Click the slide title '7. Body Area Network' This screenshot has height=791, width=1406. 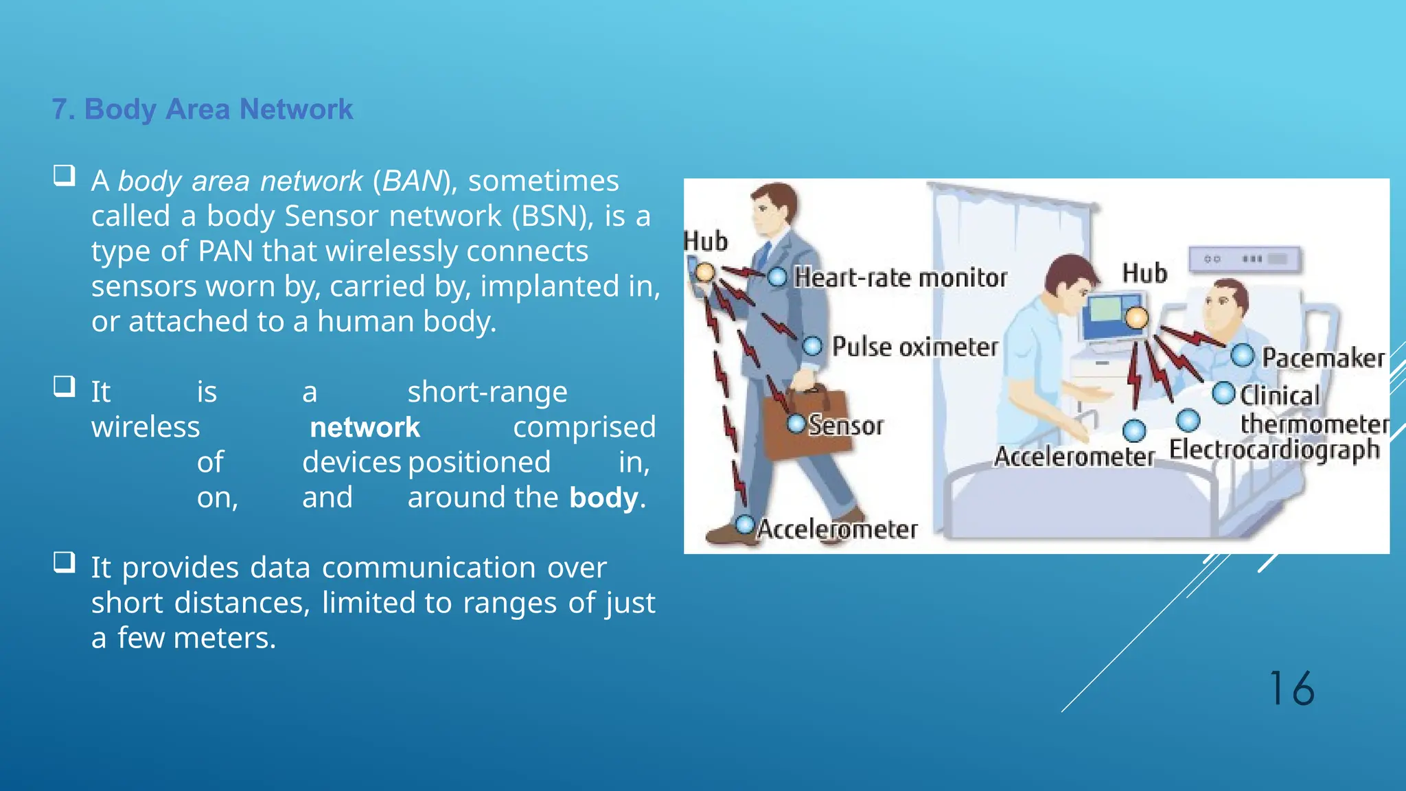202,109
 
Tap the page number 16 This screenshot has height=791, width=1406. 1291,689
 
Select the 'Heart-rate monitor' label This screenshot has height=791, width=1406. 900,277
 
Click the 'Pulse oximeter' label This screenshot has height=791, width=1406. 914,347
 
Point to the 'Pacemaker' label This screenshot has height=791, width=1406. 1323,358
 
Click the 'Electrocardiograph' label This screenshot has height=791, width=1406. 1274,450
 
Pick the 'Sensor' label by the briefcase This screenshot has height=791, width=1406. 845,425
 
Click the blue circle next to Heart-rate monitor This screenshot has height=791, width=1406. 777,277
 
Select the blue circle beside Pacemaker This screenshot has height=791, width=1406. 1242,356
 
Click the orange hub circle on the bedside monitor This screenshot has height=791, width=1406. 1137,318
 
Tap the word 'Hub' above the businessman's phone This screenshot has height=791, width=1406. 706,241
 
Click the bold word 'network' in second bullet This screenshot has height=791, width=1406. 365,427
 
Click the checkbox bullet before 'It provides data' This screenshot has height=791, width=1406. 65,562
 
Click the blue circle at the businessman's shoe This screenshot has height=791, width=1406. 746,525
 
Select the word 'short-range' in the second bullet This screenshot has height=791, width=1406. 487,392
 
